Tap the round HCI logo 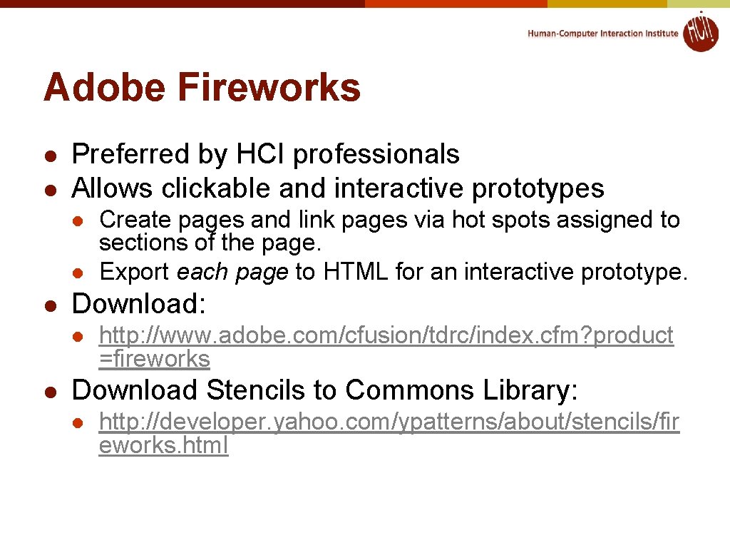pyautogui.click(x=700, y=32)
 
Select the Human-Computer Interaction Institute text pyautogui.click(x=602, y=34)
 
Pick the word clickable pyautogui.click(x=217, y=188)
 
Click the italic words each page pyautogui.click(x=232, y=272)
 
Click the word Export pyautogui.click(x=135, y=272)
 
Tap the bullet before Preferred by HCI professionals pyautogui.click(x=51, y=155)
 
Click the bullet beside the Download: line pyautogui.click(x=51, y=305)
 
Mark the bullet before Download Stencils pyautogui.click(x=51, y=391)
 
